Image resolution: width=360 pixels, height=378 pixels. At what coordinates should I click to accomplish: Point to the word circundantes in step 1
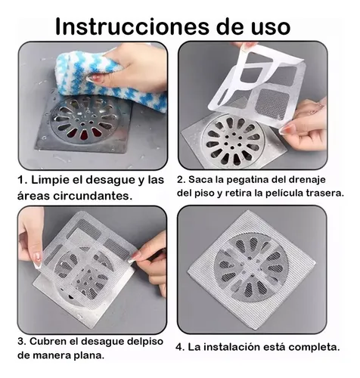(x=93, y=196)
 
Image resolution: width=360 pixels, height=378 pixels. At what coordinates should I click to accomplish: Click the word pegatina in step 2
(x=242, y=180)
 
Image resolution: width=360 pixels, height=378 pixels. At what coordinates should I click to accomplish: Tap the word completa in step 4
(x=314, y=348)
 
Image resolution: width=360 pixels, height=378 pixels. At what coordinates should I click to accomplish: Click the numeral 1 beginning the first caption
(x=20, y=181)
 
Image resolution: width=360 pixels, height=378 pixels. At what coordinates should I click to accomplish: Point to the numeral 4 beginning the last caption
(x=178, y=347)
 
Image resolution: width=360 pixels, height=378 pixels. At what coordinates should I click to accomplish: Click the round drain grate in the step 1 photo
(x=84, y=121)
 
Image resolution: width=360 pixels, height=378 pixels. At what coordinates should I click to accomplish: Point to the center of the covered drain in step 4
(x=251, y=268)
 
